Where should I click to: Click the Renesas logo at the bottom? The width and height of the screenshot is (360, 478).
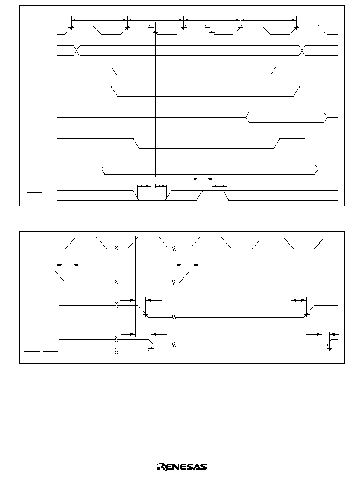tap(182, 466)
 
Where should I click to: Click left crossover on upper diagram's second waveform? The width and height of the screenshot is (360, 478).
tap(77, 50)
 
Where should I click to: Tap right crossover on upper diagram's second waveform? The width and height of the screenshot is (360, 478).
tap(302, 50)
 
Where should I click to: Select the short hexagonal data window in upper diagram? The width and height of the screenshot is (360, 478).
tap(286, 117)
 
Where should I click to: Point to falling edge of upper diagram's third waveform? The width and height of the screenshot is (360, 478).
tap(114, 71)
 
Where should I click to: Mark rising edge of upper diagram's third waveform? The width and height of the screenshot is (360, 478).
tap(273, 71)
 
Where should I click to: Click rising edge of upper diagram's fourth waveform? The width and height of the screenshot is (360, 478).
tap(297, 91)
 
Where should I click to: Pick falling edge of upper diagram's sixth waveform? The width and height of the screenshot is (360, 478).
tap(136, 144)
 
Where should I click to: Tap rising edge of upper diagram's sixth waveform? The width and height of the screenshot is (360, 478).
tap(277, 144)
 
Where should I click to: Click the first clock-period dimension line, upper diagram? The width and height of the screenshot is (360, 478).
tap(99, 20)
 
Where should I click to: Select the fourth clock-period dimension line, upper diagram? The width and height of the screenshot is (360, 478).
tap(268, 20)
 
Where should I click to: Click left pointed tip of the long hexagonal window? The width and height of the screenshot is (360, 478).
tap(102, 169)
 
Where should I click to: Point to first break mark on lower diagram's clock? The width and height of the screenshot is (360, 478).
tap(116, 249)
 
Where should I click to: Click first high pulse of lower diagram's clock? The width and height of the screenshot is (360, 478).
tap(86, 237)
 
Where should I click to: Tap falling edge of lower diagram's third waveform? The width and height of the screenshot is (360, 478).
tap(144, 311)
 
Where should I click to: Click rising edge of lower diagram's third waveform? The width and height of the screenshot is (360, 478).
tap(309, 311)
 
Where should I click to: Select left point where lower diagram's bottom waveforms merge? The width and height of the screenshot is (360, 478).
tap(152, 345)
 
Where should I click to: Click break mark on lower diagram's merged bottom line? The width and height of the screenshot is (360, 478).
tap(174, 345)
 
